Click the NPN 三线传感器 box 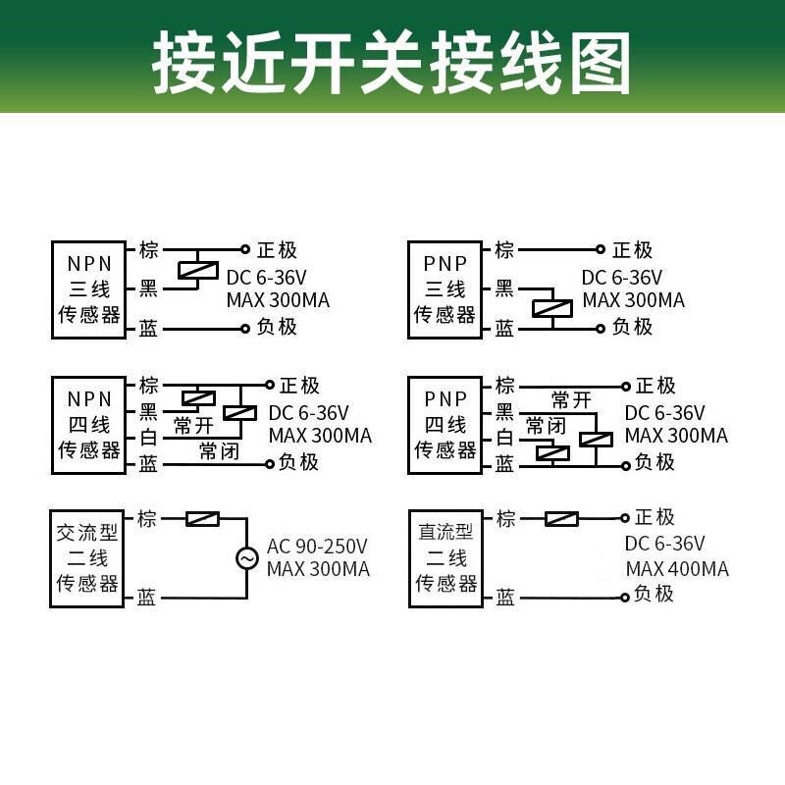pyautogui.click(x=89, y=289)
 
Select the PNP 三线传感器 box pyautogui.click(x=445, y=289)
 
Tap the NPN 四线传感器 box pyautogui.click(x=89, y=424)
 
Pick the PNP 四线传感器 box pyautogui.click(x=445, y=424)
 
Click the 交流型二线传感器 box pyautogui.click(x=87, y=558)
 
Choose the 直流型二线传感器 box pyautogui.click(x=445, y=558)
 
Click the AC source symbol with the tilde pyautogui.click(x=246, y=558)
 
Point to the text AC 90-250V pyautogui.click(x=317, y=546)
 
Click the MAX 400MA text pyautogui.click(x=677, y=570)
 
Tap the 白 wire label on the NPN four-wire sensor pyautogui.click(x=148, y=438)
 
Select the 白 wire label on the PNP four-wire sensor pyautogui.click(x=504, y=438)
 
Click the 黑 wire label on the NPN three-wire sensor pyautogui.click(x=148, y=289)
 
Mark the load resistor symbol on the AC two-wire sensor pyautogui.click(x=202, y=518)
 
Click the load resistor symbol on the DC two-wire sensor pyautogui.click(x=561, y=518)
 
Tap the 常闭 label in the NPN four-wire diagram pyautogui.click(x=219, y=450)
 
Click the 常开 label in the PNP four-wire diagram pyautogui.click(x=571, y=399)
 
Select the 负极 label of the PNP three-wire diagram pyautogui.click(x=632, y=327)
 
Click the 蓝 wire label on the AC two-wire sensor pyautogui.click(x=147, y=598)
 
